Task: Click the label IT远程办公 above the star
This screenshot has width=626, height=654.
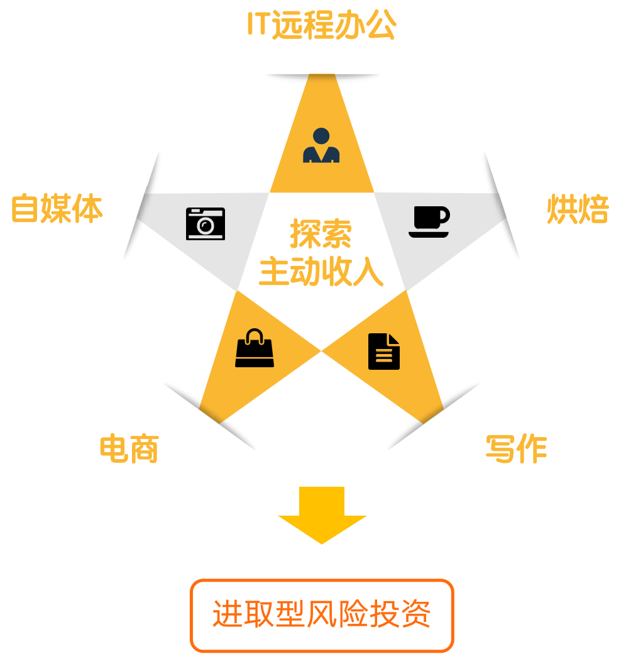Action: point(321,25)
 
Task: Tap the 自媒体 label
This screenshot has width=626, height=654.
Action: point(57,209)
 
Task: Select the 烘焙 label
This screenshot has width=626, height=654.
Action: point(578,209)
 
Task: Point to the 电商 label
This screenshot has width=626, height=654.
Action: point(129,449)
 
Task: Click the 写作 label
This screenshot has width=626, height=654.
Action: point(516,449)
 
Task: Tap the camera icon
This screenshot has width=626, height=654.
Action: point(206,223)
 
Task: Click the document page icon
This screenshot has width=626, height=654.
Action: point(384,352)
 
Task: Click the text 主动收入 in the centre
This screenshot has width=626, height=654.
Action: point(321,272)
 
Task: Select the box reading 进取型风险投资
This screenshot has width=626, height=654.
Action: point(322,616)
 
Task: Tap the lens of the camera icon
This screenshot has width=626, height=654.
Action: point(205,226)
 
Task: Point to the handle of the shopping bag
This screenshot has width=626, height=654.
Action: point(255,335)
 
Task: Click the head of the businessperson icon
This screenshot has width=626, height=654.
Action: point(321,136)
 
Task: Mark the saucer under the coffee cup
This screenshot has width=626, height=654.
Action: point(429,235)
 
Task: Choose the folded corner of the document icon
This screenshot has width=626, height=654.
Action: point(394,340)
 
